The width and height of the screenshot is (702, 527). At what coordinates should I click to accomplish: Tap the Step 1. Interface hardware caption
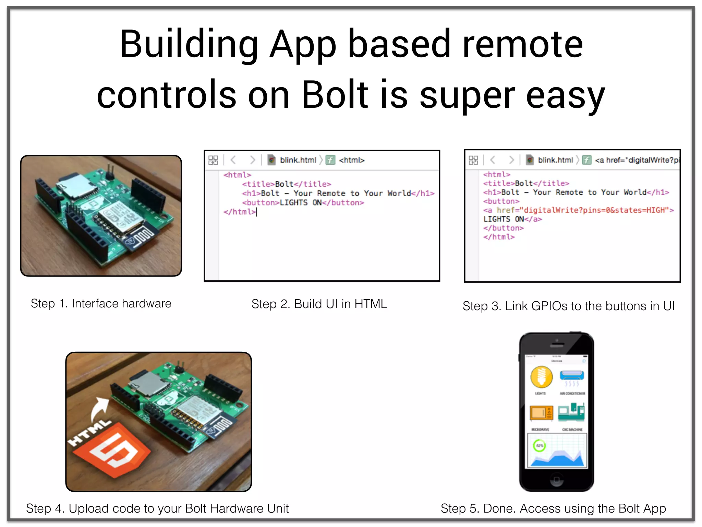point(101,304)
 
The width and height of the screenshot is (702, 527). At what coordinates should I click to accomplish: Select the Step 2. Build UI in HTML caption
point(319,304)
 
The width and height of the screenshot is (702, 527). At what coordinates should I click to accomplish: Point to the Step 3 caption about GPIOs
point(569,306)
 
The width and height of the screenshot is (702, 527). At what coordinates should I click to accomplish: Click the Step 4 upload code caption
point(157,508)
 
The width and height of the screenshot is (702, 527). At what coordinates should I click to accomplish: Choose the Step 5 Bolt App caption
point(553,508)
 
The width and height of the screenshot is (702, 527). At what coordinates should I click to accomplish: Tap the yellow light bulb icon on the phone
point(541,377)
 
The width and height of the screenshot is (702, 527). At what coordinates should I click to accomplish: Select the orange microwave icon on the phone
point(541,413)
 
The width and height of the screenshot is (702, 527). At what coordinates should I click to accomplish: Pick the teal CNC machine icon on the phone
point(571,413)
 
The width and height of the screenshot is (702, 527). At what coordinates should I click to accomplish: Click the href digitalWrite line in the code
point(578,210)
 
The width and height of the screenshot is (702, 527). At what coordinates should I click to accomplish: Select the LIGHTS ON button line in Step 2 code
point(303,203)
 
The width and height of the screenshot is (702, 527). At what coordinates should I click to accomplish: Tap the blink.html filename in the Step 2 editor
point(298,160)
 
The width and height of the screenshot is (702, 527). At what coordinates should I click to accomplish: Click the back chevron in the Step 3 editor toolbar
point(493,160)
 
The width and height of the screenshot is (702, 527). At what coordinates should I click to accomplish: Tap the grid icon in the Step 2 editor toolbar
point(213,160)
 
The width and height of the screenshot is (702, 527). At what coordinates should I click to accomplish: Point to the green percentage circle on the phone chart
point(540,446)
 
